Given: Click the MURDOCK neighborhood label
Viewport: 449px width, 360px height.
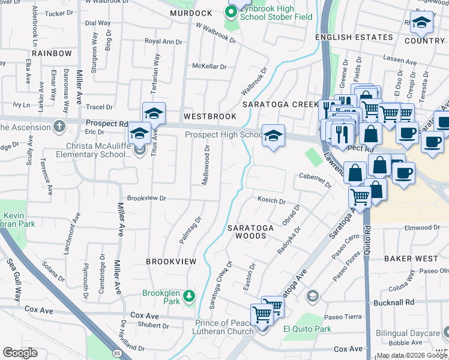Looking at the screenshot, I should click(191, 13).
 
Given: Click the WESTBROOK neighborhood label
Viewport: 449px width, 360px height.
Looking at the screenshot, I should click(210, 116).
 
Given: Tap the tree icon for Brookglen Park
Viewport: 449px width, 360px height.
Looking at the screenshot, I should click(189, 296).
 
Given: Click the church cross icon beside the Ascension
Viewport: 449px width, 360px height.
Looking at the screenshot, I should click(59, 127).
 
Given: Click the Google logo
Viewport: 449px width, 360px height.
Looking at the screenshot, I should click(20, 353).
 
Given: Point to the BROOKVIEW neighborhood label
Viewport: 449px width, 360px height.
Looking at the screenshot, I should click(171, 262).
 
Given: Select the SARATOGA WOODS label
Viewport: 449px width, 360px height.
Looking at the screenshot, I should click(250, 232).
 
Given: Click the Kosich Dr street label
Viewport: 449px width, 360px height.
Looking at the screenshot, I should click(271, 201).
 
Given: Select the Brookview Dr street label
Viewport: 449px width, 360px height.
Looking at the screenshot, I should click(146, 198).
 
